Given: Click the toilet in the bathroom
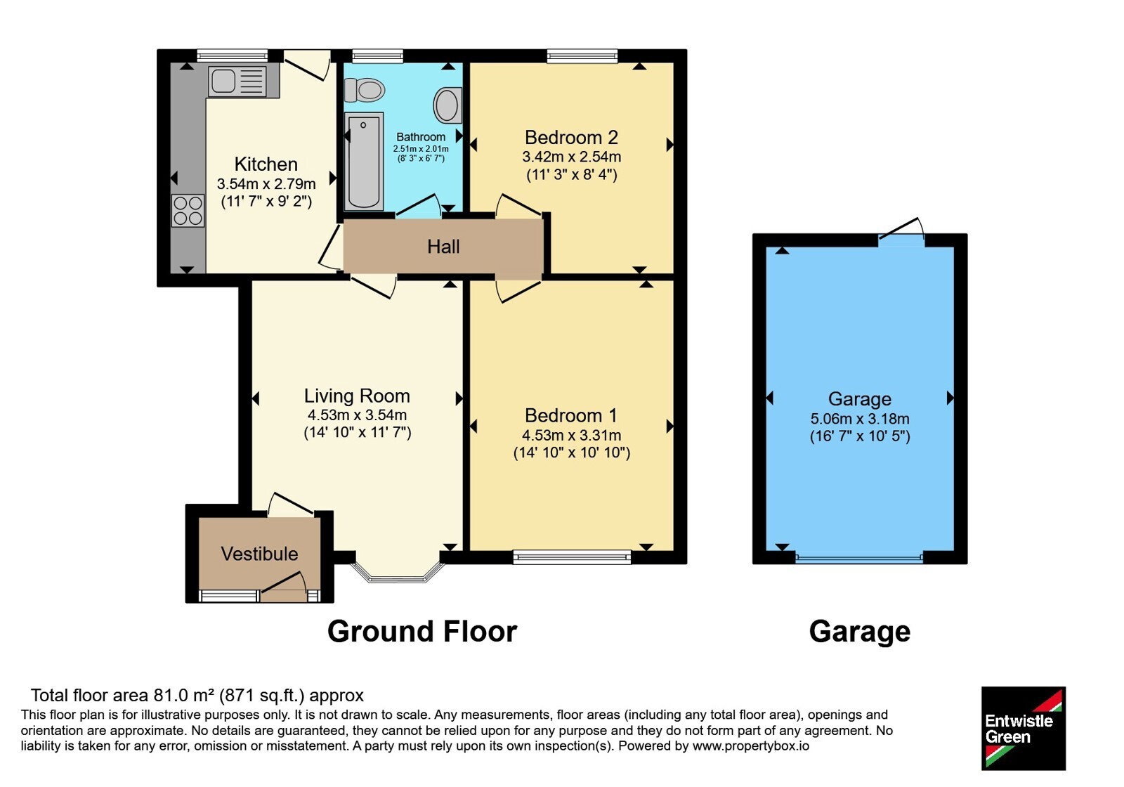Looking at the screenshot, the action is pyautogui.click(x=365, y=91).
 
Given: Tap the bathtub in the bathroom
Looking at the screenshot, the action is pyautogui.click(x=364, y=162).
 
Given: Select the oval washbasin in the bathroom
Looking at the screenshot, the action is pyautogui.click(x=447, y=105).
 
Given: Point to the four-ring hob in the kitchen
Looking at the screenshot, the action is pyautogui.click(x=188, y=210).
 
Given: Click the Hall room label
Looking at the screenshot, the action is pyautogui.click(x=443, y=247).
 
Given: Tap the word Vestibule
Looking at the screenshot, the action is pyautogui.click(x=259, y=554).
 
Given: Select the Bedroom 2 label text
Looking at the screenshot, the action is pyautogui.click(x=571, y=137).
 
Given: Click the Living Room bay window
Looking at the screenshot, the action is pyautogui.click(x=398, y=573).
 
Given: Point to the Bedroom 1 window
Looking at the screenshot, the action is pyautogui.click(x=572, y=557).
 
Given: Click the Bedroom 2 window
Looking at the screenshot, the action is pyautogui.click(x=582, y=56).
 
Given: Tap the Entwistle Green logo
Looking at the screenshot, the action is pyautogui.click(x=1023, y=728).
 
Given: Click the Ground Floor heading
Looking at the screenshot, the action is pyautogui.click(x=422, y=632).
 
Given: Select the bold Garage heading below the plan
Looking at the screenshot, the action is pyautogui.click(x=860, y=632).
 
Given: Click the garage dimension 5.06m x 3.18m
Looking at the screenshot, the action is pyautogui.click(x=860, y=419).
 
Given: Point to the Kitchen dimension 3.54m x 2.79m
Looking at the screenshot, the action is pyautogui.click(x=266, y=183).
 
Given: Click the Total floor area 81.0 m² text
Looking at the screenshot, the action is pyautogui.click(x=197, y=695).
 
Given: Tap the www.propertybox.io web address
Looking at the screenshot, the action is pyautogui.click(x=751, y=746).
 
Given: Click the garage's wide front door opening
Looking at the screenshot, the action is pyautogui.click(x=859, y=557).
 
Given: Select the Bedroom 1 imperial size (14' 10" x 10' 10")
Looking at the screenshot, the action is pyautogui.click(x=572, y=453).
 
